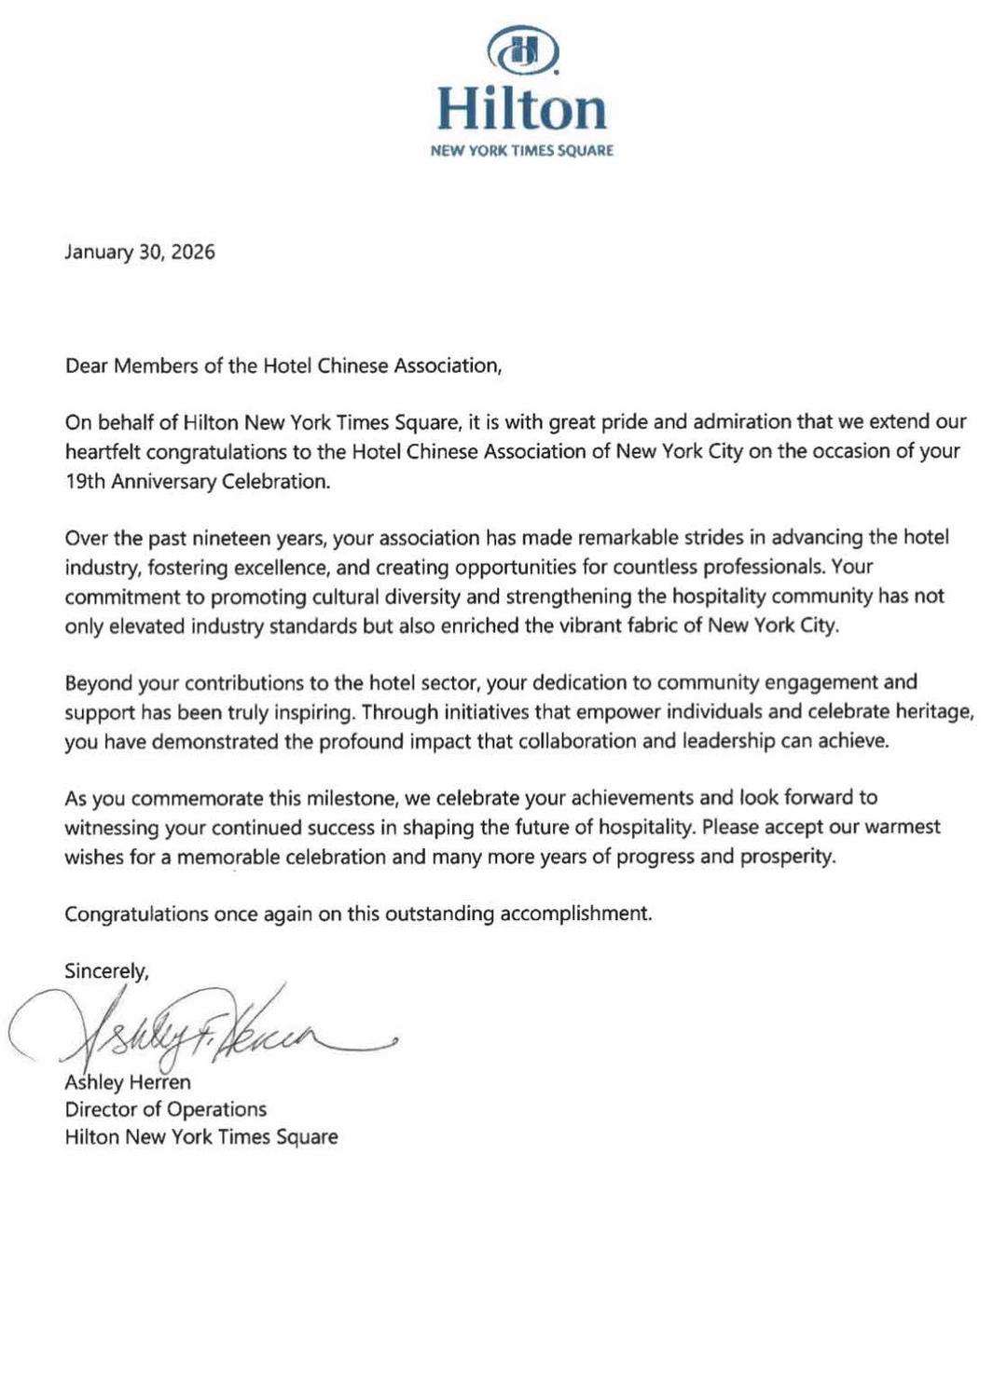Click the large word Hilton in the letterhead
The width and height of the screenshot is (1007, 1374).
[x=522, y=109]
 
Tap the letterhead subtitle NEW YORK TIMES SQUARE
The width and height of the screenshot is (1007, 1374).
[x=522, y=151]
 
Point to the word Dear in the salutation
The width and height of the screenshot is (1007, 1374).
[x=86, y=365]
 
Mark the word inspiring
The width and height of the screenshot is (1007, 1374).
[x=308, y=712]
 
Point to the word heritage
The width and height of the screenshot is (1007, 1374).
[x=935, y=712]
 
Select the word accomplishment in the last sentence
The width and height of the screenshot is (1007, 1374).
[x=575, y=914]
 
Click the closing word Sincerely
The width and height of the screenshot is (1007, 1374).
[x=106, y=971]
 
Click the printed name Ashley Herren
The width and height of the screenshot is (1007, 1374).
[x=128, y=1082]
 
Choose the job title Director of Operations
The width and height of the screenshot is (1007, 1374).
[x=165, y=1109]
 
